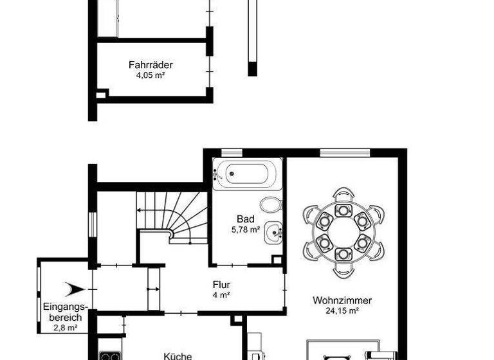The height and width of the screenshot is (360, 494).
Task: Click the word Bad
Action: tap(246, 219)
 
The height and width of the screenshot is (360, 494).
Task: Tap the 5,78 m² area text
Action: tap(246, 229)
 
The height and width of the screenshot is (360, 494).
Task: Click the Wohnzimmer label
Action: tap(343, 300)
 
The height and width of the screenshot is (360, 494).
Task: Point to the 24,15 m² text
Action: tap(343, 310)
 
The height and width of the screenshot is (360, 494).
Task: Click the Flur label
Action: tap(222, 284)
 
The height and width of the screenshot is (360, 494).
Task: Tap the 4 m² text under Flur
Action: tap(222, 294)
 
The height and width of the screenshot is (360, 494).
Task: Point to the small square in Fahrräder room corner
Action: tap(101, 95)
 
